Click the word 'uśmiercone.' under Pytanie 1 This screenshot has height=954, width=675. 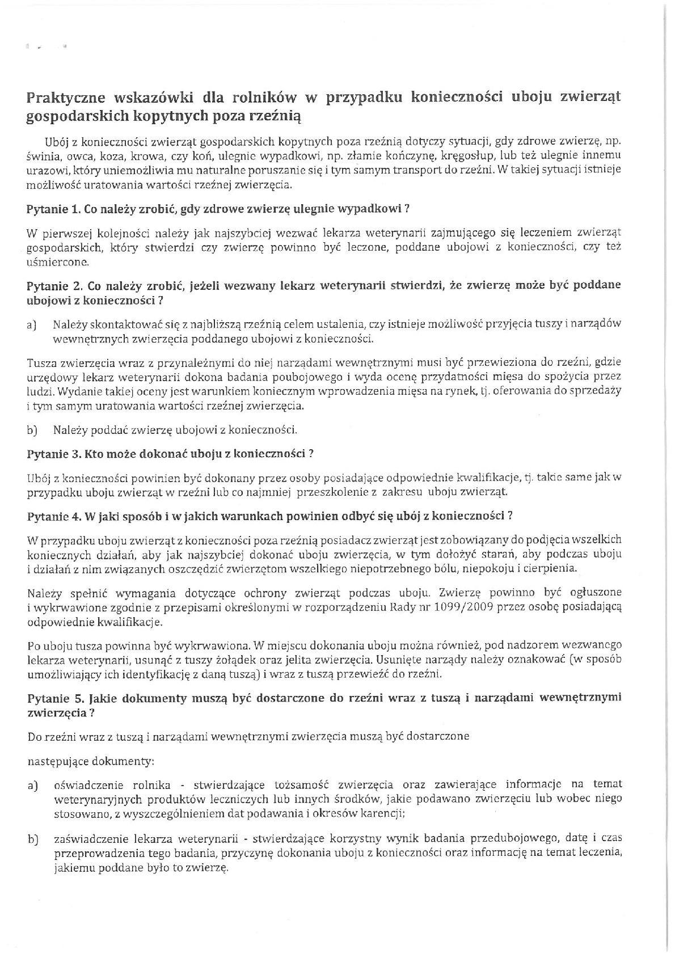coord(58,263)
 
